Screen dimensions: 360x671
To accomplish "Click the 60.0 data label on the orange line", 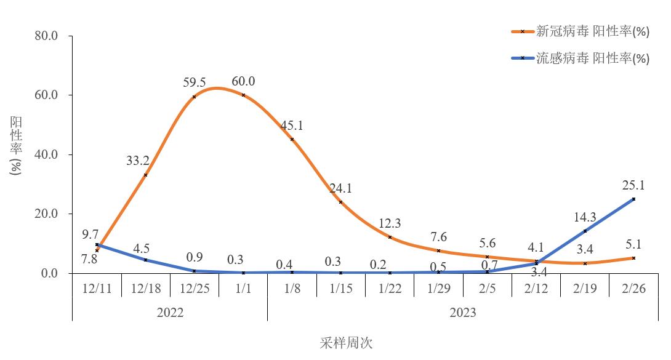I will click(x=244, y=81).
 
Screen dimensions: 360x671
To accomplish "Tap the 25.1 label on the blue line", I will click(x=633, y=185).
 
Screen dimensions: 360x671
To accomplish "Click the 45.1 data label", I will click(x=292, y=126).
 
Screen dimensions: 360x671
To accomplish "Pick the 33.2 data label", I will click(x=138, y=161).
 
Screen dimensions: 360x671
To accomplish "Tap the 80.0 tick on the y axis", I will click(x=46, y=36).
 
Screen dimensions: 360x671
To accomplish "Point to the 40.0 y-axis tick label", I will click(x=46, y=154).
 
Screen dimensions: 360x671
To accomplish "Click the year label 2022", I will click(x=170, y=313).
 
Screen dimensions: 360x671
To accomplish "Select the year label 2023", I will click(x=463, y=313).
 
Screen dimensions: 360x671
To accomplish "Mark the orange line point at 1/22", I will click(x=390, y=237).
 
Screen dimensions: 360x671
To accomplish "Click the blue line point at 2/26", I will click(x=633, y=199).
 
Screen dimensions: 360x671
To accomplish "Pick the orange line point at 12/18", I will click(x=145, y=175).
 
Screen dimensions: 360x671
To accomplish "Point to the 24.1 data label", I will click(x=340, y=188).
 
